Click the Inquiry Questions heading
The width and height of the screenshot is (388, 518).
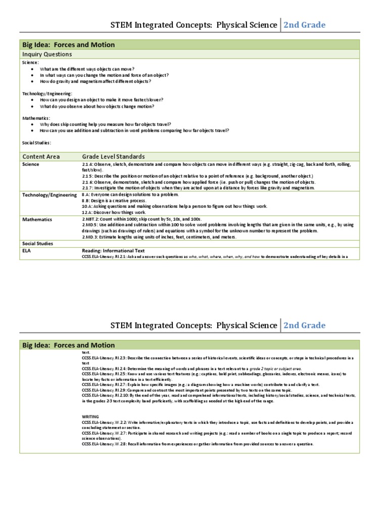[x=47, y=54]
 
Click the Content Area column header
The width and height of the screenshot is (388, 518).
[x=40, y=157]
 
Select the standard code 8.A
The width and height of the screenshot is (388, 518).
[x=86, y=194]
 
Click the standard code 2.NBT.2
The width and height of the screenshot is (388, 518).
[x=91, y=219]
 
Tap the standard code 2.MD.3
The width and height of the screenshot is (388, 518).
[x=90, y=237]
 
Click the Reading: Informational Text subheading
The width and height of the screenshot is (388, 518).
[x=113, y=250]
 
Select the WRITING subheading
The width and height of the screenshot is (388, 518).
[x=90, y=416]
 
